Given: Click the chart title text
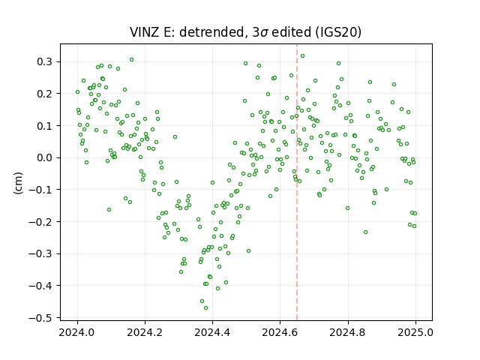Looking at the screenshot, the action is pos(245,31).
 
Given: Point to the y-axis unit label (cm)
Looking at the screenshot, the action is pos(18,183).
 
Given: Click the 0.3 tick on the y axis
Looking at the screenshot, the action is pos(45,61).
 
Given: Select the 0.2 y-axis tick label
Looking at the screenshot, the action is pos(45,94).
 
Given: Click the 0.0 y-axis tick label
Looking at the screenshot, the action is pos(45,157).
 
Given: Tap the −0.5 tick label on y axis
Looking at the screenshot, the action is pos(40,318).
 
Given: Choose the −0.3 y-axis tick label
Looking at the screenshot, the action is pos(40,253).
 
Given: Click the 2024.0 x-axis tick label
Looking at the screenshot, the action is pos(77,332).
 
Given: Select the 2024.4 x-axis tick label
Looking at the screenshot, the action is pos(212,332).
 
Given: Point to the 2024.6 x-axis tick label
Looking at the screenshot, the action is pos(280,332).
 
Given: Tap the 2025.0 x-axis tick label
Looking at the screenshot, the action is pos(415,332).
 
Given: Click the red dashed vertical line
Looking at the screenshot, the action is pos(297,182).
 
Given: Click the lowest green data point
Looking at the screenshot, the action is pos(205,307).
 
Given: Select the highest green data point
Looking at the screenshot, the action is pos(302,55).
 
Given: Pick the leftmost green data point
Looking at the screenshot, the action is pos(77,91).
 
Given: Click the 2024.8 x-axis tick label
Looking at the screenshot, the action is pos(348,332).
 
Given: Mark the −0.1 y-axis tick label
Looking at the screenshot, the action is pos(40,190).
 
